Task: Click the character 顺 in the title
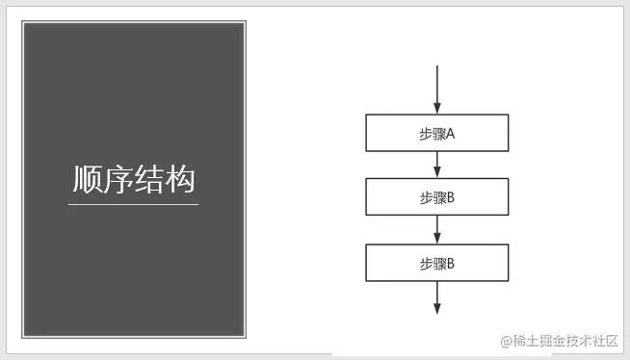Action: (88, 180)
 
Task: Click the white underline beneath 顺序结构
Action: (133, 204)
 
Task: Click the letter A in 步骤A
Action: (450, 134)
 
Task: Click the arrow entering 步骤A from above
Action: (437, 87)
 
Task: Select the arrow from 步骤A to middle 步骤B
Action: (437, 164)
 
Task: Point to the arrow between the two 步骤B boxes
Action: (437, 229)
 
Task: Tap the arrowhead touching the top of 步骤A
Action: (437, 109)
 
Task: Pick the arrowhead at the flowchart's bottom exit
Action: (437, 308)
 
